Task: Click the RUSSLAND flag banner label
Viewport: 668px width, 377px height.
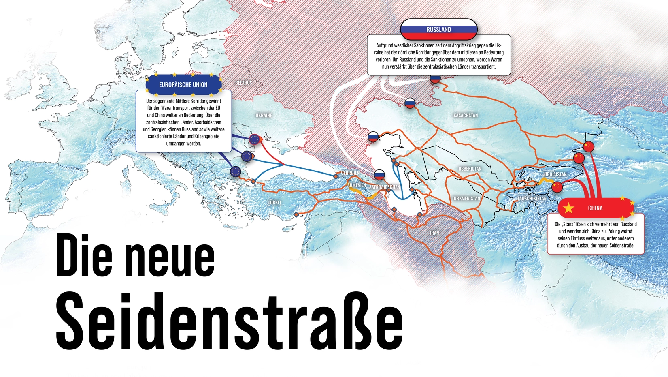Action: click(x=439, y=30)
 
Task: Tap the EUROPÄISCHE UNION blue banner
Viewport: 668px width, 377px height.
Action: click(x=183, y=85)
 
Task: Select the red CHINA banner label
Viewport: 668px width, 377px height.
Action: click(x=595, y=208)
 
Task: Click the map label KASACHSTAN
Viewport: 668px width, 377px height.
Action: click(x=466, y=116)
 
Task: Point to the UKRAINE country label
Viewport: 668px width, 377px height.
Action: click(x=264, y=116)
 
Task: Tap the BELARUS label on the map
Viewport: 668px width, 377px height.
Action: click(x=244, y=83)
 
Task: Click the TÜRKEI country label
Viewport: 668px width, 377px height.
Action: click(x=274, y=202)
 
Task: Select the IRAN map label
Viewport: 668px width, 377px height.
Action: click(x=434, y=233)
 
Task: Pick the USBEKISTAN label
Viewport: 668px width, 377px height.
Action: click(x=470, y=169)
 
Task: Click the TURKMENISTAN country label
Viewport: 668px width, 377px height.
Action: click(x=466, y=199)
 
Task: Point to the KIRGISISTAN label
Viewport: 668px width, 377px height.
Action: click(x=555, y=174)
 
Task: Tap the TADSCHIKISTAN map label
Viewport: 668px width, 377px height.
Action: click(x=532, y=199)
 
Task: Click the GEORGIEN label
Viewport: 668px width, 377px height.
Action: click(x=350, y=173)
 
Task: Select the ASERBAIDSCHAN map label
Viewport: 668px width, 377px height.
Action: click(x=384, y=187)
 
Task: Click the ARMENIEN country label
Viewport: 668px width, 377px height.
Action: click(x=356, y=185)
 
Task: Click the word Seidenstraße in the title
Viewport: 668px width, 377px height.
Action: click(x=229, y=322)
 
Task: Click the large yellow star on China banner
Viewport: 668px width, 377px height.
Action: click(x=569, y=208)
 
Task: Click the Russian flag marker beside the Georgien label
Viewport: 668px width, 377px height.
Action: click(x=379, y=175)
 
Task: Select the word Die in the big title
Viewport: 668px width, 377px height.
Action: click(x=84, y=256)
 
